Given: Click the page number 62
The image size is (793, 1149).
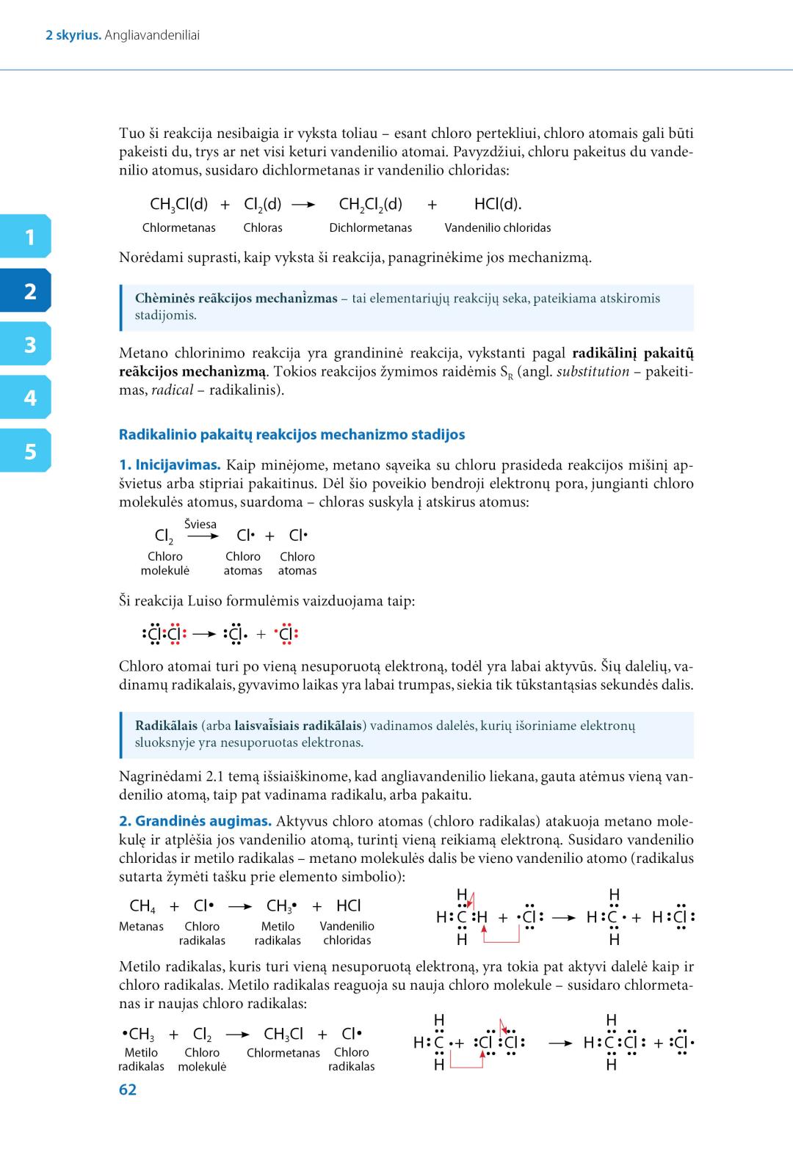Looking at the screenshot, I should [x=128, y=1090].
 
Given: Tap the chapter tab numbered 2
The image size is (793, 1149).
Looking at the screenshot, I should [x=27, y=291].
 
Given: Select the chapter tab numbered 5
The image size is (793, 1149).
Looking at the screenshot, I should [x=27, y=451].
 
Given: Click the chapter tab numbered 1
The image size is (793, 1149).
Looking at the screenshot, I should [x=27, y=237].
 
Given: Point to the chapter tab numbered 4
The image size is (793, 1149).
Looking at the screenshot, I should [x=27, y=398].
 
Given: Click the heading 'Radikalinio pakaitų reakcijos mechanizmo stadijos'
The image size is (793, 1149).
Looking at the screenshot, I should [x=292, y=434].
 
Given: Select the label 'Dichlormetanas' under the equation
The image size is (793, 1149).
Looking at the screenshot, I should [x=370, y=227].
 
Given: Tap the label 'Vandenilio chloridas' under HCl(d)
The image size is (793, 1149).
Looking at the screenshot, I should [x=497, y=227].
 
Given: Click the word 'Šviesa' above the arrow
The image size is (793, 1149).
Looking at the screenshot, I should [x=200, y=524].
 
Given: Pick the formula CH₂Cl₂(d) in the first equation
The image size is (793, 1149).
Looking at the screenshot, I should [x=370, y=204].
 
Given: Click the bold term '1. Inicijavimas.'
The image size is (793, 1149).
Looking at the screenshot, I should [x=170, y=465].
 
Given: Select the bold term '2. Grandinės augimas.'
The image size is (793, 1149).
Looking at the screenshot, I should [x=195, y=822].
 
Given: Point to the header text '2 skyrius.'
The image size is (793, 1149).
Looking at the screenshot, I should [x=73, y=35].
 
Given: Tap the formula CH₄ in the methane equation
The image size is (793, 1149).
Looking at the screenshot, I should [x=142, y=906].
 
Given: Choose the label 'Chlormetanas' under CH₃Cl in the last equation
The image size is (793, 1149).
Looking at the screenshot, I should [x=283, y=1053].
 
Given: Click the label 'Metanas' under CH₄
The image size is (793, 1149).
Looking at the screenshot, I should [x=141, y=927].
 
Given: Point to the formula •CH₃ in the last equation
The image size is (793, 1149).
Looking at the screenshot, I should [x=138, y=1035].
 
